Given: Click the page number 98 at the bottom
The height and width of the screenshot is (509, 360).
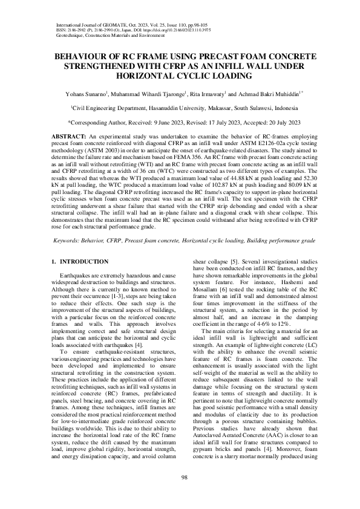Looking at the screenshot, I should [180, 478].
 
